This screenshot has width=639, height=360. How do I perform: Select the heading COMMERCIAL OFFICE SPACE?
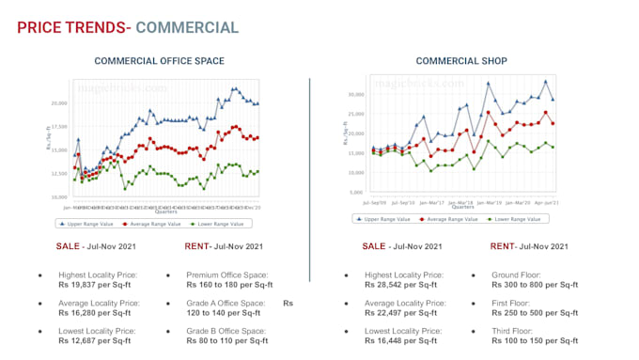pos(159,61)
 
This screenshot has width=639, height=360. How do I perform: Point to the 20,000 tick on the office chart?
pos(59,103)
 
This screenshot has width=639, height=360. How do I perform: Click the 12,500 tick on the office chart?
pos(59,174)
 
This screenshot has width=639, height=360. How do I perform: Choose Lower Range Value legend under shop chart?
pos(514,218)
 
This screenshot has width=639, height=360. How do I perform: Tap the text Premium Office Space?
pos(228,275)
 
